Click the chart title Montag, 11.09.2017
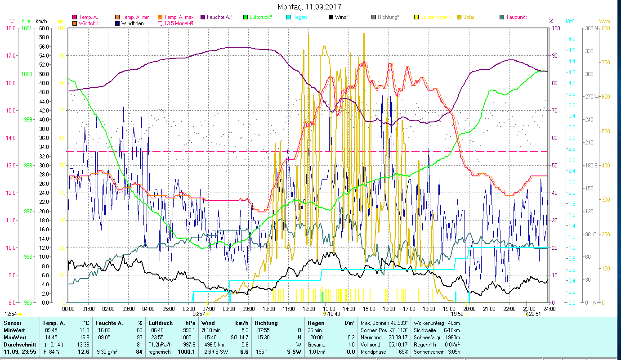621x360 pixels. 309,7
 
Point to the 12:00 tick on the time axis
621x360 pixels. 309,309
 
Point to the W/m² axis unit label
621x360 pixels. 604,21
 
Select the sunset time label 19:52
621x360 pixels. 457,314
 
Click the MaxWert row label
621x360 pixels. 15,337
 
